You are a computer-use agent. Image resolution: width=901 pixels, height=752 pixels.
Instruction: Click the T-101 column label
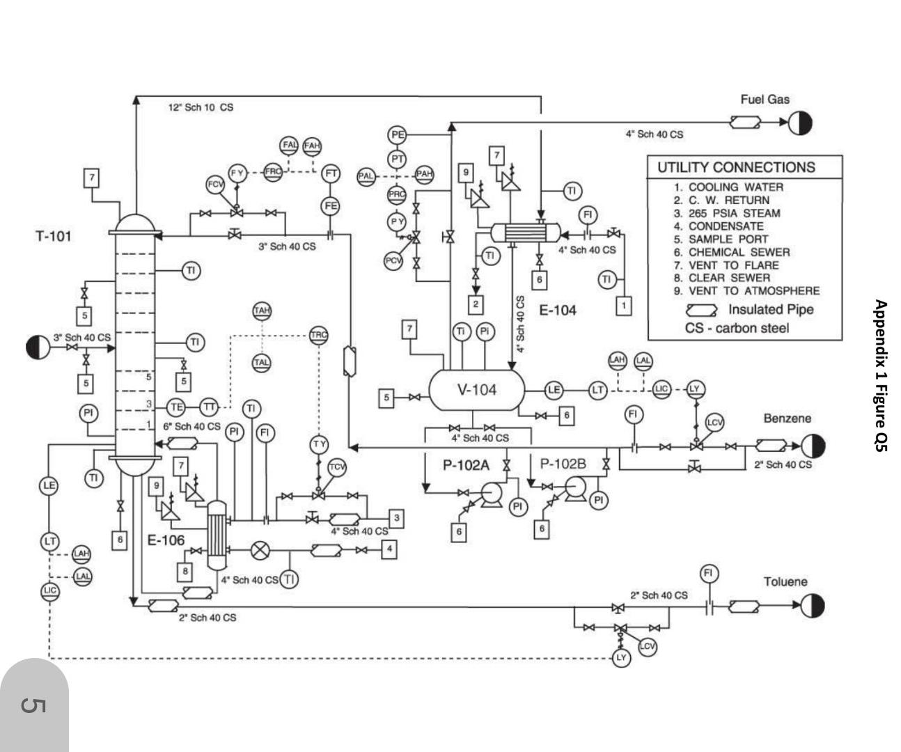click(54, 236)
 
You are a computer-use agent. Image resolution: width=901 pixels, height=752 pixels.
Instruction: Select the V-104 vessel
click(477, 390)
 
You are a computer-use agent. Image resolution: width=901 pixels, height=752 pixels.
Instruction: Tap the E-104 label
click(558, 311)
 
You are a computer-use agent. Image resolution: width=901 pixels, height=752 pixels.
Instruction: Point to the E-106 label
click(166, 540)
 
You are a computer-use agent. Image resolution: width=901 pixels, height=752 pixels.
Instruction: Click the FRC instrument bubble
click(274, 171)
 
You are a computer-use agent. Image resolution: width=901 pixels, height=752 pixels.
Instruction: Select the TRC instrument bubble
click(318, 335)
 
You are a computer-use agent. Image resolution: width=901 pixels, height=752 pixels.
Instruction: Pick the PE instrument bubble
click(398, 134)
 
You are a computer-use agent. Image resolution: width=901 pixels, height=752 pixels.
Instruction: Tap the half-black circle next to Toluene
click(813, 606)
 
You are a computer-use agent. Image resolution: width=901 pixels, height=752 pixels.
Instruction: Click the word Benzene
click(787, 418)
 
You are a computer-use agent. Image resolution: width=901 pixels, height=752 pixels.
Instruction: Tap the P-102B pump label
click(563, 464)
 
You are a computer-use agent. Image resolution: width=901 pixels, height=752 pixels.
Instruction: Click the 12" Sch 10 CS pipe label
click(201, 107)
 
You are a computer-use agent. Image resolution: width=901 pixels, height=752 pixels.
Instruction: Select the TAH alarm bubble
click(262, 311)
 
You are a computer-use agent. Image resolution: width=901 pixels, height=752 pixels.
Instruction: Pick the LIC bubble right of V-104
click(661, 390)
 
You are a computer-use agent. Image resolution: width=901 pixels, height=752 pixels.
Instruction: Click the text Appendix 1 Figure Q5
click(880, 376)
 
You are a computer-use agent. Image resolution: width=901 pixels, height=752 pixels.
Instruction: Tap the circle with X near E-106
click(260, 550)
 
